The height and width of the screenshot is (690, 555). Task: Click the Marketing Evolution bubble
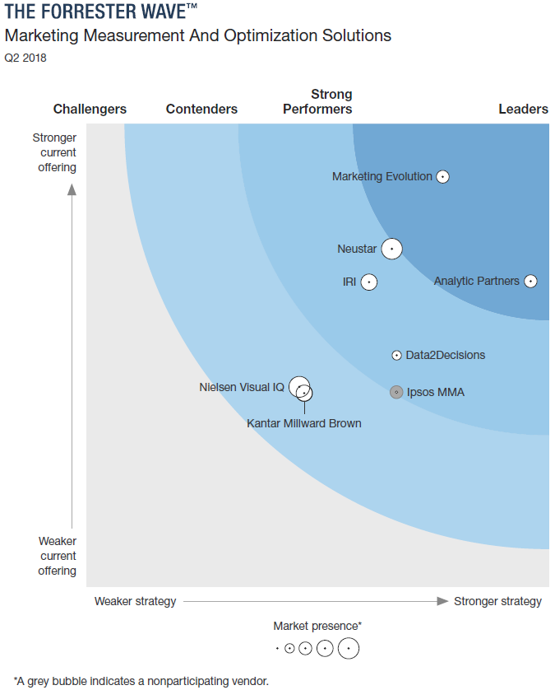click(x=442, y=176)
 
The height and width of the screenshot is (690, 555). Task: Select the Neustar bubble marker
click(x=392, y=248)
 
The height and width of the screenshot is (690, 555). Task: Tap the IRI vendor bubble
click(x=369, y=282)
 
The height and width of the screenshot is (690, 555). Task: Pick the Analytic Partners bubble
click(x=530, y=281)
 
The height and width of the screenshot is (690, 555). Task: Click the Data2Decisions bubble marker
click(x=397, y=355)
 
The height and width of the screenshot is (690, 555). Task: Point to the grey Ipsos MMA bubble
click(x=396, y=392)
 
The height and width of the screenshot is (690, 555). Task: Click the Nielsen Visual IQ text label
click(x=242, y=387)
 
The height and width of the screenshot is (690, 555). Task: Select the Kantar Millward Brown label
click(x=304, y=423)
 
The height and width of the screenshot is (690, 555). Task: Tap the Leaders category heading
click(x=523, y=109)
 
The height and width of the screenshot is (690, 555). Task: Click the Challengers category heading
click(x=90, y=109)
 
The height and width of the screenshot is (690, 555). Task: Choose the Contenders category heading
click(x=201, y=109)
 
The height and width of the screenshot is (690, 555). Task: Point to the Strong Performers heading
click(x=318, y=101)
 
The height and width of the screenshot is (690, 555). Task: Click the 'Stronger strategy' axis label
click(x=497, y=601)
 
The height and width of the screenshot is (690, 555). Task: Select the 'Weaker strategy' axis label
click(x=135, y=601)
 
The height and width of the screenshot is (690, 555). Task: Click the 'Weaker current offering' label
click(x=57, y=556)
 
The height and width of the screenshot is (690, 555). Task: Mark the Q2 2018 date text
click(x=25, y=58)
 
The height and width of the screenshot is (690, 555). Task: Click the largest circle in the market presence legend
click(x=349, y=649)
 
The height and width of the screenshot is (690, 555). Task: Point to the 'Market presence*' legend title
click(x=317, y=626)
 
